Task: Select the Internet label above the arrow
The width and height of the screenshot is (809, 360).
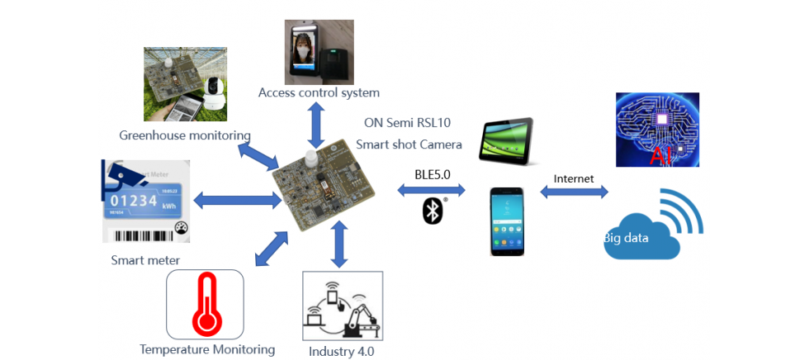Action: pos(573,178)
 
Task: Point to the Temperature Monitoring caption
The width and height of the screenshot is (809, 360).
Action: pos(207,349)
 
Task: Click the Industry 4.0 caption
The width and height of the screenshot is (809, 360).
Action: pos(341,351)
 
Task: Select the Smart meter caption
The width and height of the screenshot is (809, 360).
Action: pos(145,260)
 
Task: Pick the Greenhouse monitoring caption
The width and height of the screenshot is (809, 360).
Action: pos(185,135)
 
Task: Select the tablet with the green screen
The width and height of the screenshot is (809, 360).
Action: pos(507,135)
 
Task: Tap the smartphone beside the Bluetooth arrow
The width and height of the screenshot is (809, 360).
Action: pos(506,220)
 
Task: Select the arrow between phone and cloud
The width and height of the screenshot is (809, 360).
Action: pos(574,192)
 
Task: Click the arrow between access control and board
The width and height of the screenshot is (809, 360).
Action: pos(315,126)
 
